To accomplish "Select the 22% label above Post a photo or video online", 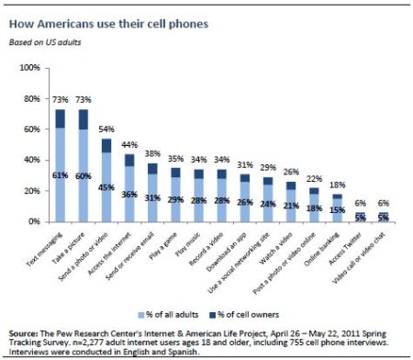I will (315, 178).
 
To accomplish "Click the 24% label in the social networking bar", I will (267, 204).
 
